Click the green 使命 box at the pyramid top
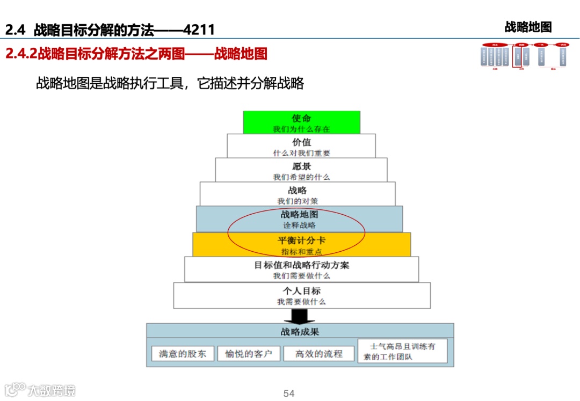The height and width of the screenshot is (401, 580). [x=301, y=122]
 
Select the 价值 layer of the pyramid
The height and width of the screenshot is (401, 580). [x=301, y=146]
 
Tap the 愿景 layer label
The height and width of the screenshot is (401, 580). [x=301, y=166]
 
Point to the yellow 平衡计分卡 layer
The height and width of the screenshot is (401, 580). [x=301, y=244]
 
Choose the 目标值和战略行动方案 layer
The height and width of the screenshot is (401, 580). [x=301, y=269]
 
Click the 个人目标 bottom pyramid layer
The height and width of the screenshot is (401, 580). [x=301, y=295]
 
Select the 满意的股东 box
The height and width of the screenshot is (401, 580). [x=183, y=354]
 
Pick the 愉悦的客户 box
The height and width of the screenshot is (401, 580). [x=249, y=354]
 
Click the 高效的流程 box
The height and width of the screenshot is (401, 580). [x=318, y=354]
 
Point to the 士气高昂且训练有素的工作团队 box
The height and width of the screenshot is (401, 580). [x=402, y=351]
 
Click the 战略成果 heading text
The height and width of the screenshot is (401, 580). [x=300, y=331]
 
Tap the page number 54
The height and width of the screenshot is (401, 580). [x=289, y=393]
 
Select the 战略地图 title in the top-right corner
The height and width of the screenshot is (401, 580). [x=528, y=27]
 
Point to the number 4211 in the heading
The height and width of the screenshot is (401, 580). [x=199, y=30]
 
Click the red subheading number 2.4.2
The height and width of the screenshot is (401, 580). [x=21, y=54]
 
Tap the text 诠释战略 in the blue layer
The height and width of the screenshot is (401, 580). [x=300, y=225]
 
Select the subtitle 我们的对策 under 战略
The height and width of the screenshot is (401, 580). [x=298, y=201]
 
